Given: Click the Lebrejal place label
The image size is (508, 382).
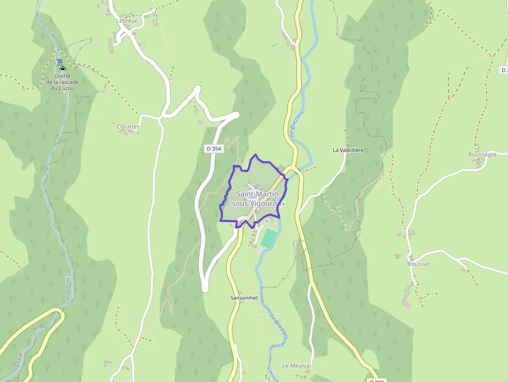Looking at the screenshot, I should pos(127,21).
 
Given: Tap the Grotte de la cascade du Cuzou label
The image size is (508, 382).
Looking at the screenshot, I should pos(62,82).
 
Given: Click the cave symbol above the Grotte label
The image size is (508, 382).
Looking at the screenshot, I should pos(62,68).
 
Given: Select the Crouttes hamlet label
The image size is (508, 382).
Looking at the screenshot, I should pos(128,126).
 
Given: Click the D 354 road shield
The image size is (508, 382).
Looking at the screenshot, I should pos(214,149).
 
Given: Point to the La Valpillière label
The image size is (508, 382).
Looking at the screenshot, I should pos(348,150).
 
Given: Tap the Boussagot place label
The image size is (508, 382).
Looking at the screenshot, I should pos(482,154).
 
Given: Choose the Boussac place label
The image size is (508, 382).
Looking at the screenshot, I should pos(419,263).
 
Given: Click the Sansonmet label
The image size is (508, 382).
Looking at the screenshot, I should pos(244,298).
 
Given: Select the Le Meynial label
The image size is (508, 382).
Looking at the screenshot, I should pos(297,365).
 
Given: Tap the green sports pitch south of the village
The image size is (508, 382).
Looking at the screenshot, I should pos(269,238).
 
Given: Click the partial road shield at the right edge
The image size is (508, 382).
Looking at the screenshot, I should pos(503,69).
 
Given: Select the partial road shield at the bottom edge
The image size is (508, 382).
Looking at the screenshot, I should pos(377,380).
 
